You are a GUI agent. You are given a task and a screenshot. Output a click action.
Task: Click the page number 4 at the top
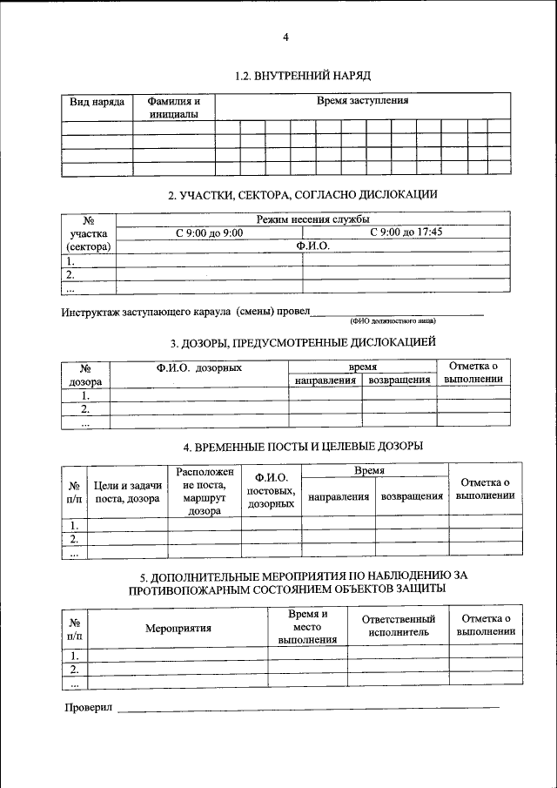285,37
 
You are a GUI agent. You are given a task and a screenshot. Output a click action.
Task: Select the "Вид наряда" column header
97,102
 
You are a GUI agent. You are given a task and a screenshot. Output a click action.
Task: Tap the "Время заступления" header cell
362,101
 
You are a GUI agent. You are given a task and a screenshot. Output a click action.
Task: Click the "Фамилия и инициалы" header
173,107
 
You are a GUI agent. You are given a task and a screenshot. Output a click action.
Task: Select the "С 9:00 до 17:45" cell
406,232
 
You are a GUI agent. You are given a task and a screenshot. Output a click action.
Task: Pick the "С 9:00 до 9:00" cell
209,232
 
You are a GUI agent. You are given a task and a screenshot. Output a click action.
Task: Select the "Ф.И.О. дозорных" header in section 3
199,368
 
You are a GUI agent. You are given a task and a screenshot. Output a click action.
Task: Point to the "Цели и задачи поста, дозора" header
127,492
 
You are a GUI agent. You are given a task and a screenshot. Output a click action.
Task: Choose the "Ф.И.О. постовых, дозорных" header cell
271,491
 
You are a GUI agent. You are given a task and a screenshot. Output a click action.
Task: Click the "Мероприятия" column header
178,628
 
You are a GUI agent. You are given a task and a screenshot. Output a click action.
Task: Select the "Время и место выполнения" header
307,627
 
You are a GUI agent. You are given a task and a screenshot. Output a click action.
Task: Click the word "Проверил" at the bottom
89,707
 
